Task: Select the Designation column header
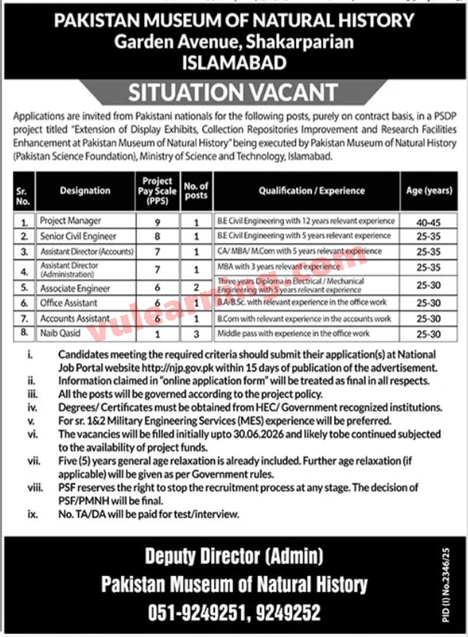coord(85,191)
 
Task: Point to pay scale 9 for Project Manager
coord(158,221)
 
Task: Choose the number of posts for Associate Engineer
coord(197,288)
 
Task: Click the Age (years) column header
coord(427,191)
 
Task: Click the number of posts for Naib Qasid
coord(197,332)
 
